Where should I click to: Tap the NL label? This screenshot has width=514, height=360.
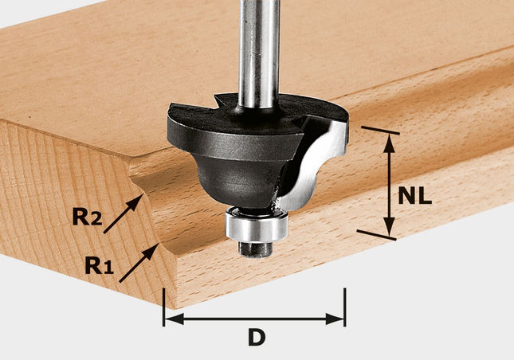coord(415,195)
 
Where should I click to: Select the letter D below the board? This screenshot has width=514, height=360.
coord(255,337)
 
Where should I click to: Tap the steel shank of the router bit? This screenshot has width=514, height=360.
coord(260,56)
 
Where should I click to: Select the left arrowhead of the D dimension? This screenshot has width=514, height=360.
coord(170,318)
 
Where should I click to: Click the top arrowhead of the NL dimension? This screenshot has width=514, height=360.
coord(389,139)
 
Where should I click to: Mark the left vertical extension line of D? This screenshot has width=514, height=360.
coord(164,307)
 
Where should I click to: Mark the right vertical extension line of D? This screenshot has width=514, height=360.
coord(344,307)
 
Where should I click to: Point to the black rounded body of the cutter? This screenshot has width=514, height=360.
coord(239,175)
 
